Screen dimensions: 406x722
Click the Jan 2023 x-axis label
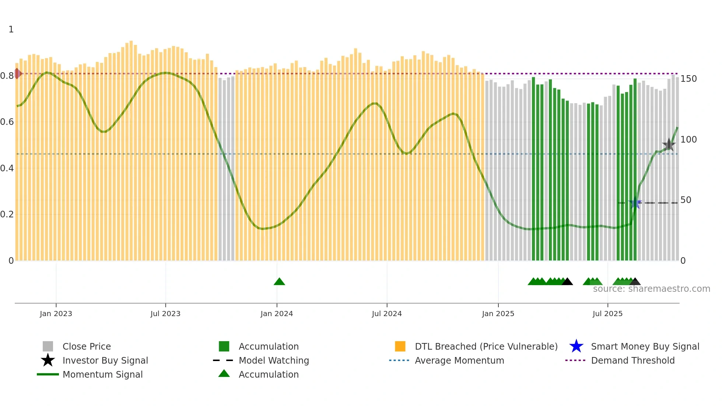pos(56,314)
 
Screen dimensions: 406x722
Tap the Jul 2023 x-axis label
pos(165,314)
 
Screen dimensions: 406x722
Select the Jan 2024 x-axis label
pos(277,314)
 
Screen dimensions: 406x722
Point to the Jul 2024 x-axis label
pos(387,314)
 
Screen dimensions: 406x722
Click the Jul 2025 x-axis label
pos(607,314)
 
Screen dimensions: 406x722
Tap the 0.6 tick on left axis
pos(7,122)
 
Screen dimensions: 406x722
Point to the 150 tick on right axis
pos(688,79)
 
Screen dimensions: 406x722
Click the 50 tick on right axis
pos(686,200)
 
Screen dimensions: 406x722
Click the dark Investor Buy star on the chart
pos(669,144)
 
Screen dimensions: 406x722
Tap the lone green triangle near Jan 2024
pos(279,282)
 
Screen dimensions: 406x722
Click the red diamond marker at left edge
pos(17,73)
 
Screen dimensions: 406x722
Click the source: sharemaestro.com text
pos(651,289)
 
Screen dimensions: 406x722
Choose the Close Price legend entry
pos(87,346)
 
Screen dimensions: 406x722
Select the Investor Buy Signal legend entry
pos(105,360)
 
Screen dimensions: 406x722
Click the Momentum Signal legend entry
pos(102,374)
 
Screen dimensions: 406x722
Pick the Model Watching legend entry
pos(274,360)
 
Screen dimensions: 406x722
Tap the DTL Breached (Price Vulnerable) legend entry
pos(486,346)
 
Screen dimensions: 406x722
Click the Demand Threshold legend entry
pos(632,360)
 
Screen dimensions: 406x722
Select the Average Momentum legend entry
pos(459,360)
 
